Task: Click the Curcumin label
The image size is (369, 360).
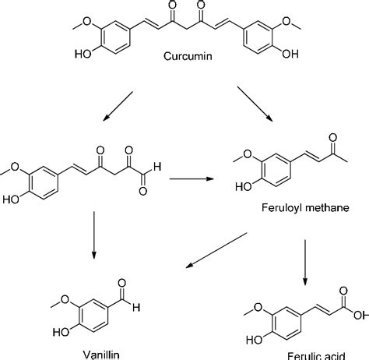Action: [187, 56]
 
